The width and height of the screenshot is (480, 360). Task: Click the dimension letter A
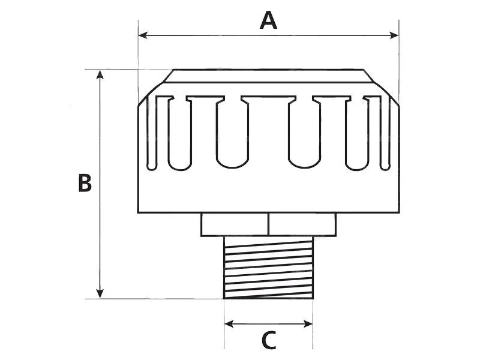coord(268,20)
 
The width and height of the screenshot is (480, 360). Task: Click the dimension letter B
coord(85,183)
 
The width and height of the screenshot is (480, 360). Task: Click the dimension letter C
coord(269,340)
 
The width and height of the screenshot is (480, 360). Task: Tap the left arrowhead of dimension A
coord(143,35)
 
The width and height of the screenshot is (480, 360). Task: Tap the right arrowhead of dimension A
coord(394,35)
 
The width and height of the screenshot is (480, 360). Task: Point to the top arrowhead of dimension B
coord(100,74)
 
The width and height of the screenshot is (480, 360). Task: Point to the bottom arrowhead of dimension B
coord(100,293)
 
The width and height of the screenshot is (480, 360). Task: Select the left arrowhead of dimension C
coord(229,324)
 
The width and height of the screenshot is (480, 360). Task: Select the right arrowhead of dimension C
coord(308,324)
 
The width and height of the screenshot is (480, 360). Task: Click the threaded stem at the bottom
coord(268,267)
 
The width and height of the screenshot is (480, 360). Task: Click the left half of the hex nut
coord(235,224)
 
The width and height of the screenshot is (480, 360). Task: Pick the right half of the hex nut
coord(302,224)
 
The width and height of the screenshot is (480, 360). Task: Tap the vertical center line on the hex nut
coord(268,224)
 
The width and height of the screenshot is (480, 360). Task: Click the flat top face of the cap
coord(268,76)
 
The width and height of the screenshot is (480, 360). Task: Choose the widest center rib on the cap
coord(268,131)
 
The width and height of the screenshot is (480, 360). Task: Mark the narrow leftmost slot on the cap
coord(152,133)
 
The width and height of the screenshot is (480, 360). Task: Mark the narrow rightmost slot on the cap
coord(385,133)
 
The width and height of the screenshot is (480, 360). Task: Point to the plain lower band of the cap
coord(268,191)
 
